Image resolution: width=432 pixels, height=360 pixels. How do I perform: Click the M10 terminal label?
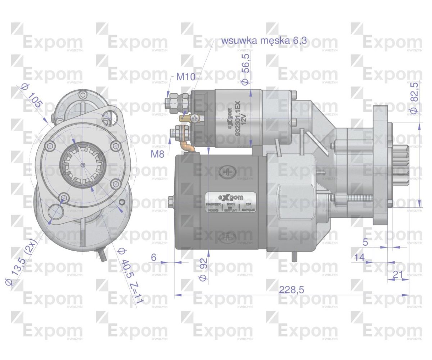(185, 77)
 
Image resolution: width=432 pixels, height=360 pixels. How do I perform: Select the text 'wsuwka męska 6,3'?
(264, 40)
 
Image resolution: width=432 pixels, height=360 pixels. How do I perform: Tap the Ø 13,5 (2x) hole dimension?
(22, 266)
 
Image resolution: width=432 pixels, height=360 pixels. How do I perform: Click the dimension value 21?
(398, 274)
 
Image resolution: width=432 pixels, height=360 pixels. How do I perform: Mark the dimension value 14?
(359, 257)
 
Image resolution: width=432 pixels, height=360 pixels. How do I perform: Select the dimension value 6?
(154, 257)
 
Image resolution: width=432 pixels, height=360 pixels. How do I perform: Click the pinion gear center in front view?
(83, 165)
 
